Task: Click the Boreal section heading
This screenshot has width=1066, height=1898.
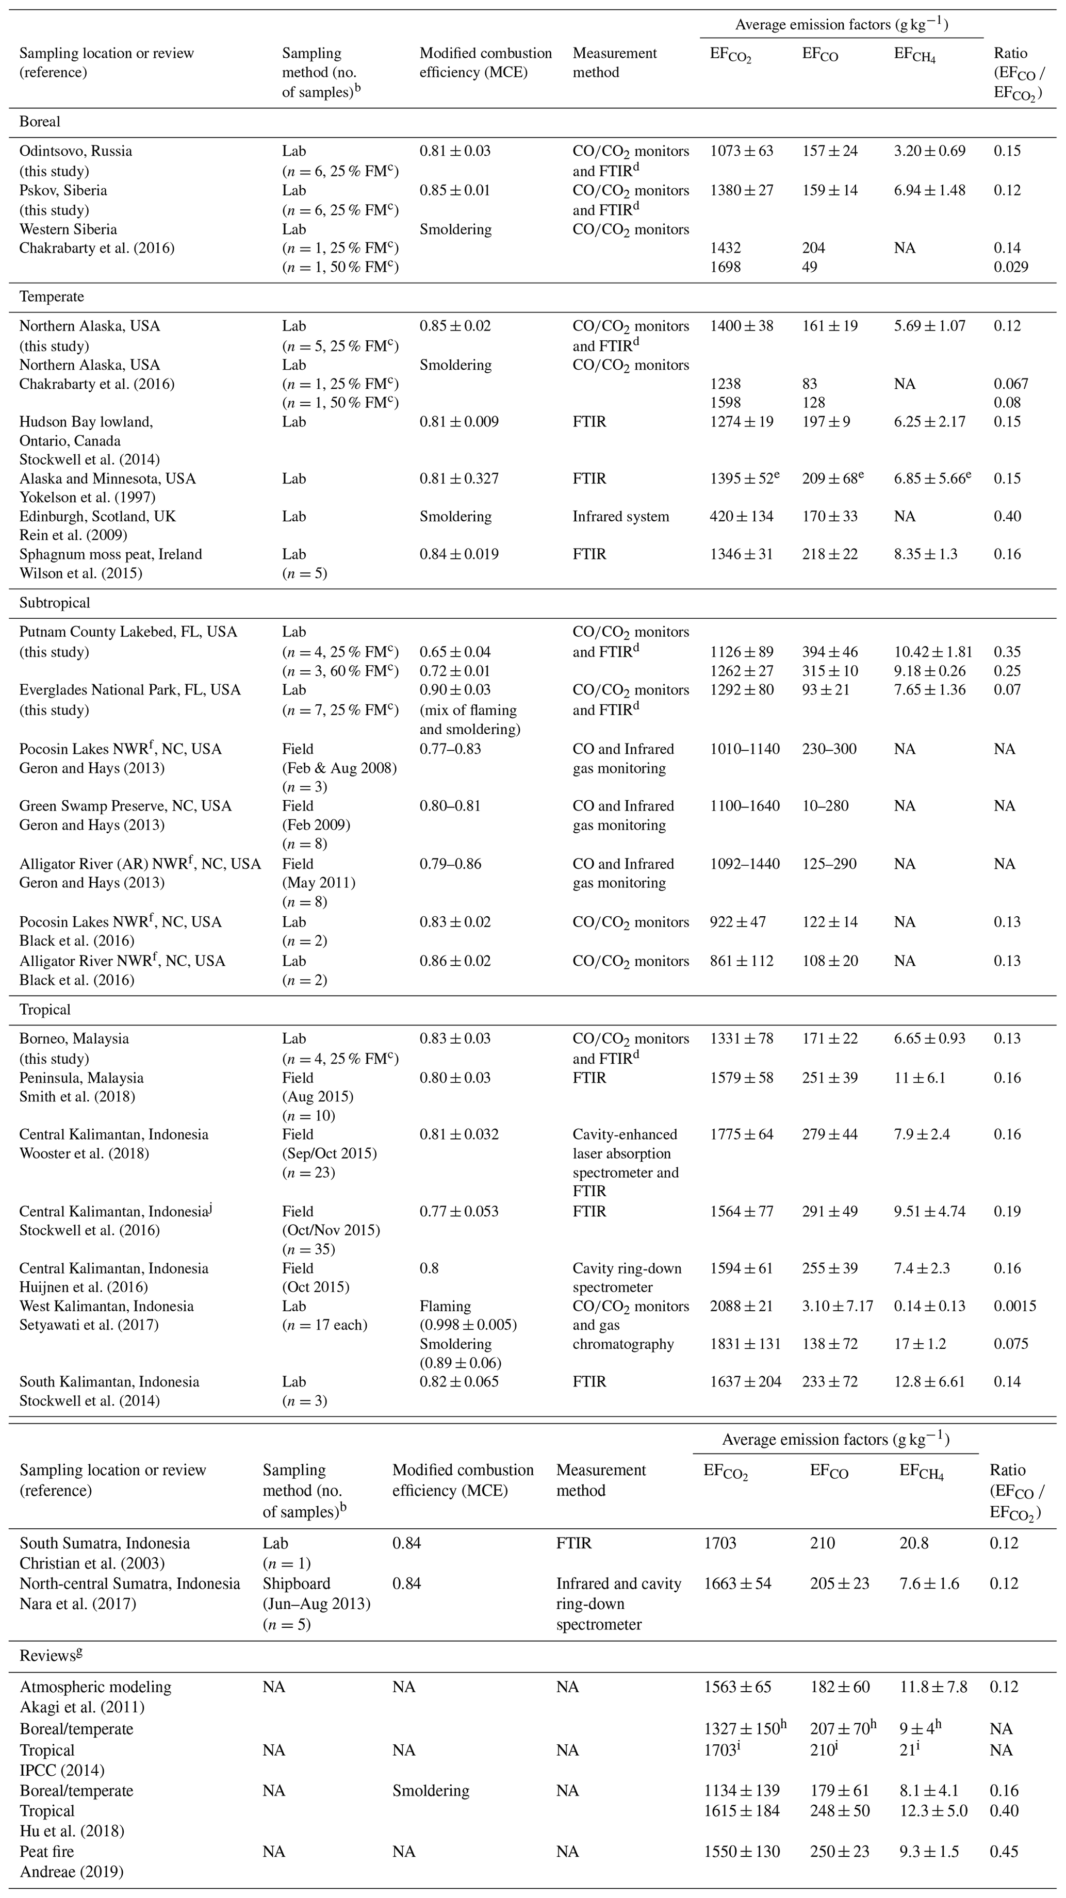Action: point(40,122)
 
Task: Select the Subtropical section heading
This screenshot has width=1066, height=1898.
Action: point(55,603)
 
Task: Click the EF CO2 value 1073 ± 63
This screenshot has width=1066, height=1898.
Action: point(741,151)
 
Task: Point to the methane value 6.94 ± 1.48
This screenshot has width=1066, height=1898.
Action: point(930,190)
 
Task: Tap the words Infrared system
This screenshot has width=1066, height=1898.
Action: point(620,517)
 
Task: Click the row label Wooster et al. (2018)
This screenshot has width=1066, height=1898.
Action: point(84,1153)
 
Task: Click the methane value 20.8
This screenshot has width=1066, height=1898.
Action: point(913,1543)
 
